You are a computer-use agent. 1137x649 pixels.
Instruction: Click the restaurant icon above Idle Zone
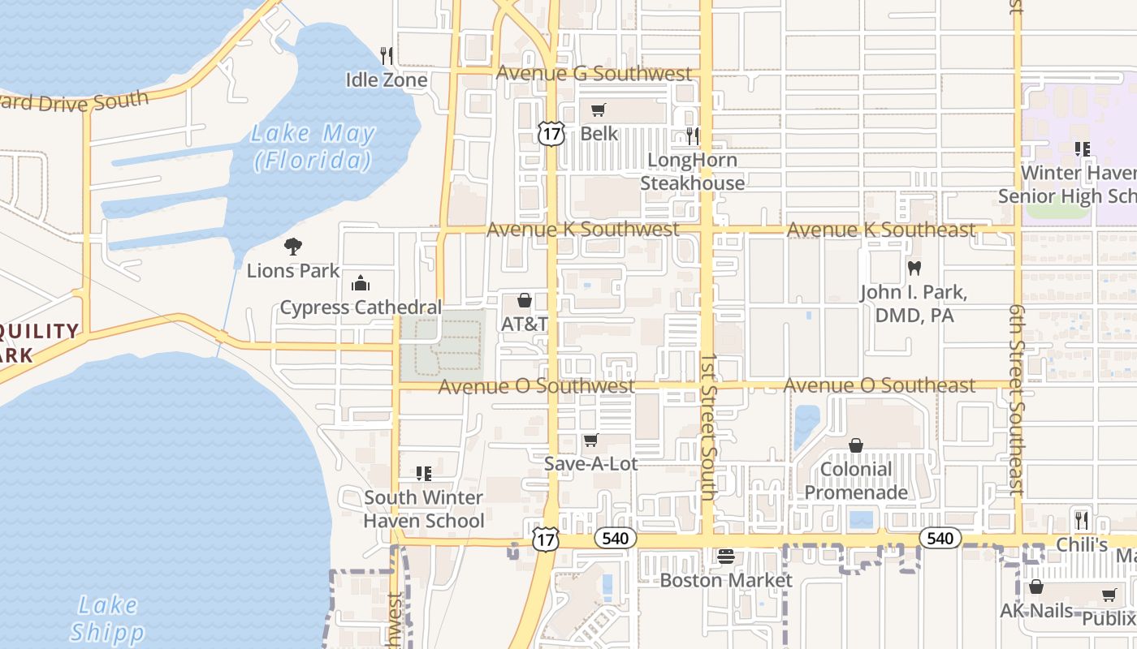coord(387,55)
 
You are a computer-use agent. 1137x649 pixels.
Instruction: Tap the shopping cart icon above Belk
coord(599,110)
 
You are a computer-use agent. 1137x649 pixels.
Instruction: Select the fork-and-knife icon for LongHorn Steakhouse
coord(692,135)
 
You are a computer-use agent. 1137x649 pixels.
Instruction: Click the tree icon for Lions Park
coord(293,246)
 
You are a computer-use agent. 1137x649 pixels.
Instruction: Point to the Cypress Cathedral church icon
coord(360,283)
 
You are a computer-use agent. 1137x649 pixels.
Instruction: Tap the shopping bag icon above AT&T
coord(525,300)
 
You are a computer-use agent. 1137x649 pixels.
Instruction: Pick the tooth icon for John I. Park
coord(914,268)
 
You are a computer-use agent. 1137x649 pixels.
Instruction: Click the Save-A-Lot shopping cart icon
coord(590,440)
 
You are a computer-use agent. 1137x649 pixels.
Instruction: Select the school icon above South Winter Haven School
coord(423,473)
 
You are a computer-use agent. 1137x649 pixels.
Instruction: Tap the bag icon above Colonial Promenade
coord(855,445)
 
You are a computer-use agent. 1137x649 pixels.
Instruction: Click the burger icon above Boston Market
coord(725,557)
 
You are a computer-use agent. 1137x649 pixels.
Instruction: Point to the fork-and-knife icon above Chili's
coord(1081,520)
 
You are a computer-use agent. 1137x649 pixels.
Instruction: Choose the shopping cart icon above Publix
coord(1109,595)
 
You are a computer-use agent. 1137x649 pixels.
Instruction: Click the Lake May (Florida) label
coord(313,147)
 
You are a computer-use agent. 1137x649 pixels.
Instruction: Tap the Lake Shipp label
coord(107,618)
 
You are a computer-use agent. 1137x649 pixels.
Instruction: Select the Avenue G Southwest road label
coord(594,73)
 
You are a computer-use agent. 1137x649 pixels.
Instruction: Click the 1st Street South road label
coord(708,426)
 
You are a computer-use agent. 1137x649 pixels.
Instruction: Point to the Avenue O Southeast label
coord(880,385)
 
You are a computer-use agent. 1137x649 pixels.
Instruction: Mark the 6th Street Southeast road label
coord(1016,400)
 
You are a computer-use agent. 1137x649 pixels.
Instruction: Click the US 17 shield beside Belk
coord(551,134)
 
